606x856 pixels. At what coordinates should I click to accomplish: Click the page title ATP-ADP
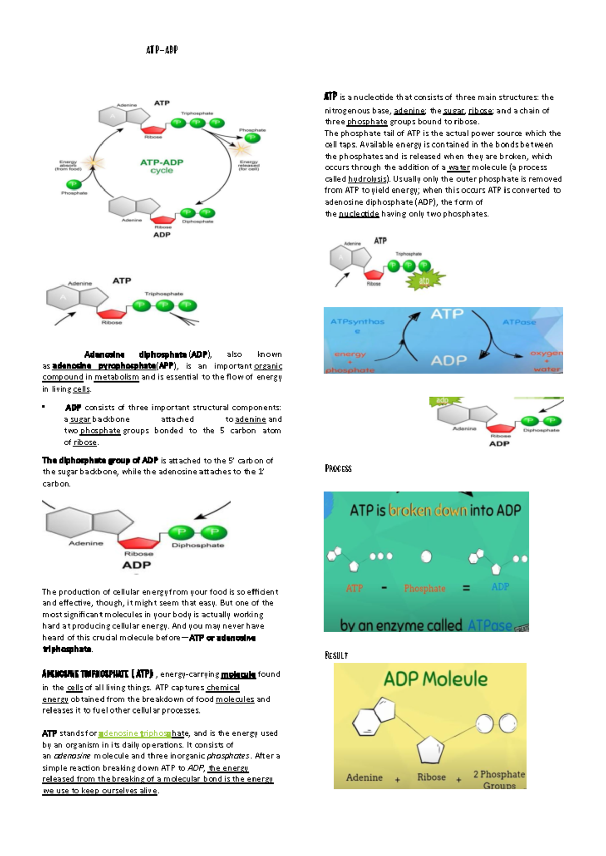(162, 50)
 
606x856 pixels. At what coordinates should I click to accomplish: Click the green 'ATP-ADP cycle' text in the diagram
(162, 166)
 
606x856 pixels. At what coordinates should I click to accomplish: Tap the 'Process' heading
(338, 469)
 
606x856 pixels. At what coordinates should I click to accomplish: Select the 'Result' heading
(336, 655)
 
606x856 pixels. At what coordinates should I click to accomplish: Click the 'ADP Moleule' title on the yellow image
(435, 679)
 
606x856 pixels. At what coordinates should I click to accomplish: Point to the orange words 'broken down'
(427, 510)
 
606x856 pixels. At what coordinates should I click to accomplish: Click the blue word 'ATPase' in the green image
(489, 626)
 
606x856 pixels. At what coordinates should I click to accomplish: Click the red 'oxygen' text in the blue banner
(546, 353)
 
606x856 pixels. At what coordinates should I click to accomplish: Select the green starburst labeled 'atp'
(425, 280)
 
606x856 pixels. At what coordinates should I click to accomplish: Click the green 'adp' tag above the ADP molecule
(443, 400)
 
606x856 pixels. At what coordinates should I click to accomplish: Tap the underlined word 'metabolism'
(117, 377)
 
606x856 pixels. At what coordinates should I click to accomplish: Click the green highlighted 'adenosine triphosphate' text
(135, 733)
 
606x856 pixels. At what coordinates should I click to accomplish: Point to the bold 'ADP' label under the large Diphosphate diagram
(136, 565)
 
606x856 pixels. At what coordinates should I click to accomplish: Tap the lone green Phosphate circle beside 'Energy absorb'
(74, 184)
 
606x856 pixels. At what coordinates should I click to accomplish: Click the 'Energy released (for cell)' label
(249, 165)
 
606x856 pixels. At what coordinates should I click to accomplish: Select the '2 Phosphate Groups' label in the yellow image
(499, 779)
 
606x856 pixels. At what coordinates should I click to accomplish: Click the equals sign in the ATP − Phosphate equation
(466, 588)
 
